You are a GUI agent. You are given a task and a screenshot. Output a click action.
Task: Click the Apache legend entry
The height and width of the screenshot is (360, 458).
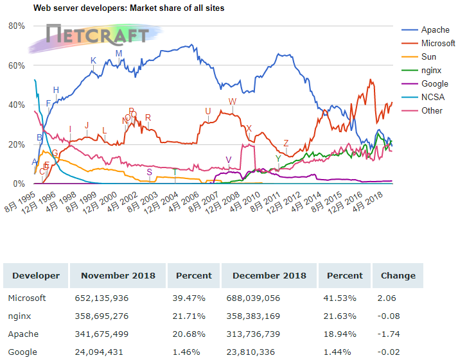[435, 30]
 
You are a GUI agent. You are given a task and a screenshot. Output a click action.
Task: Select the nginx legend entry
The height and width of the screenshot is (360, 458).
[433, 70]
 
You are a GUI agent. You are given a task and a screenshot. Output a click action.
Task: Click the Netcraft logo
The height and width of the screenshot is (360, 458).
[97, 35]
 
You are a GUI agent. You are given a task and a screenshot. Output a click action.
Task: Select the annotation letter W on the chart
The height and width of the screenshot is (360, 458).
[232, 101]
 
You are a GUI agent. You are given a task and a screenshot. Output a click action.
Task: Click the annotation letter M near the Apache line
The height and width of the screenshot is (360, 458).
[119, 53]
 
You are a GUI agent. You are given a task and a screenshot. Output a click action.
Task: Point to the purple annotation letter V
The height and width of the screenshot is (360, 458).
[228, 159]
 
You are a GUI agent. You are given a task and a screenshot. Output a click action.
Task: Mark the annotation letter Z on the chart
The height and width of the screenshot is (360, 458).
[286, 143]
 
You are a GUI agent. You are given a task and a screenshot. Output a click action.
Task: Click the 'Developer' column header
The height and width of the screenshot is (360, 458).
[36, 275]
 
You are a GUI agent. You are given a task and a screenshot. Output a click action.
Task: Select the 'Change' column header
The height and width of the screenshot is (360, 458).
[398, 275]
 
